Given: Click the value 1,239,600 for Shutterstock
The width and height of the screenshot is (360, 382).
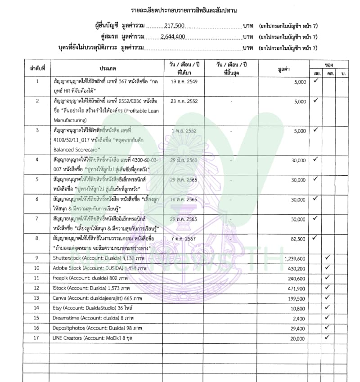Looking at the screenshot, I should pos(295,258).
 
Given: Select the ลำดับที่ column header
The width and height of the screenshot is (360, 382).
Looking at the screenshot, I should pos(38,68).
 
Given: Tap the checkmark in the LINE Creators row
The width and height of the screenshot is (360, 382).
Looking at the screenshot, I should pos(327,337).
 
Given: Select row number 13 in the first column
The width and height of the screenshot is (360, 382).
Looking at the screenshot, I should pos(37,298).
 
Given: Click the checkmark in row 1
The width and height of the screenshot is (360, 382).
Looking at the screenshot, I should pos(316,81).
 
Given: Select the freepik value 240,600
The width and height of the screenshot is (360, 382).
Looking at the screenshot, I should pos(297,279).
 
